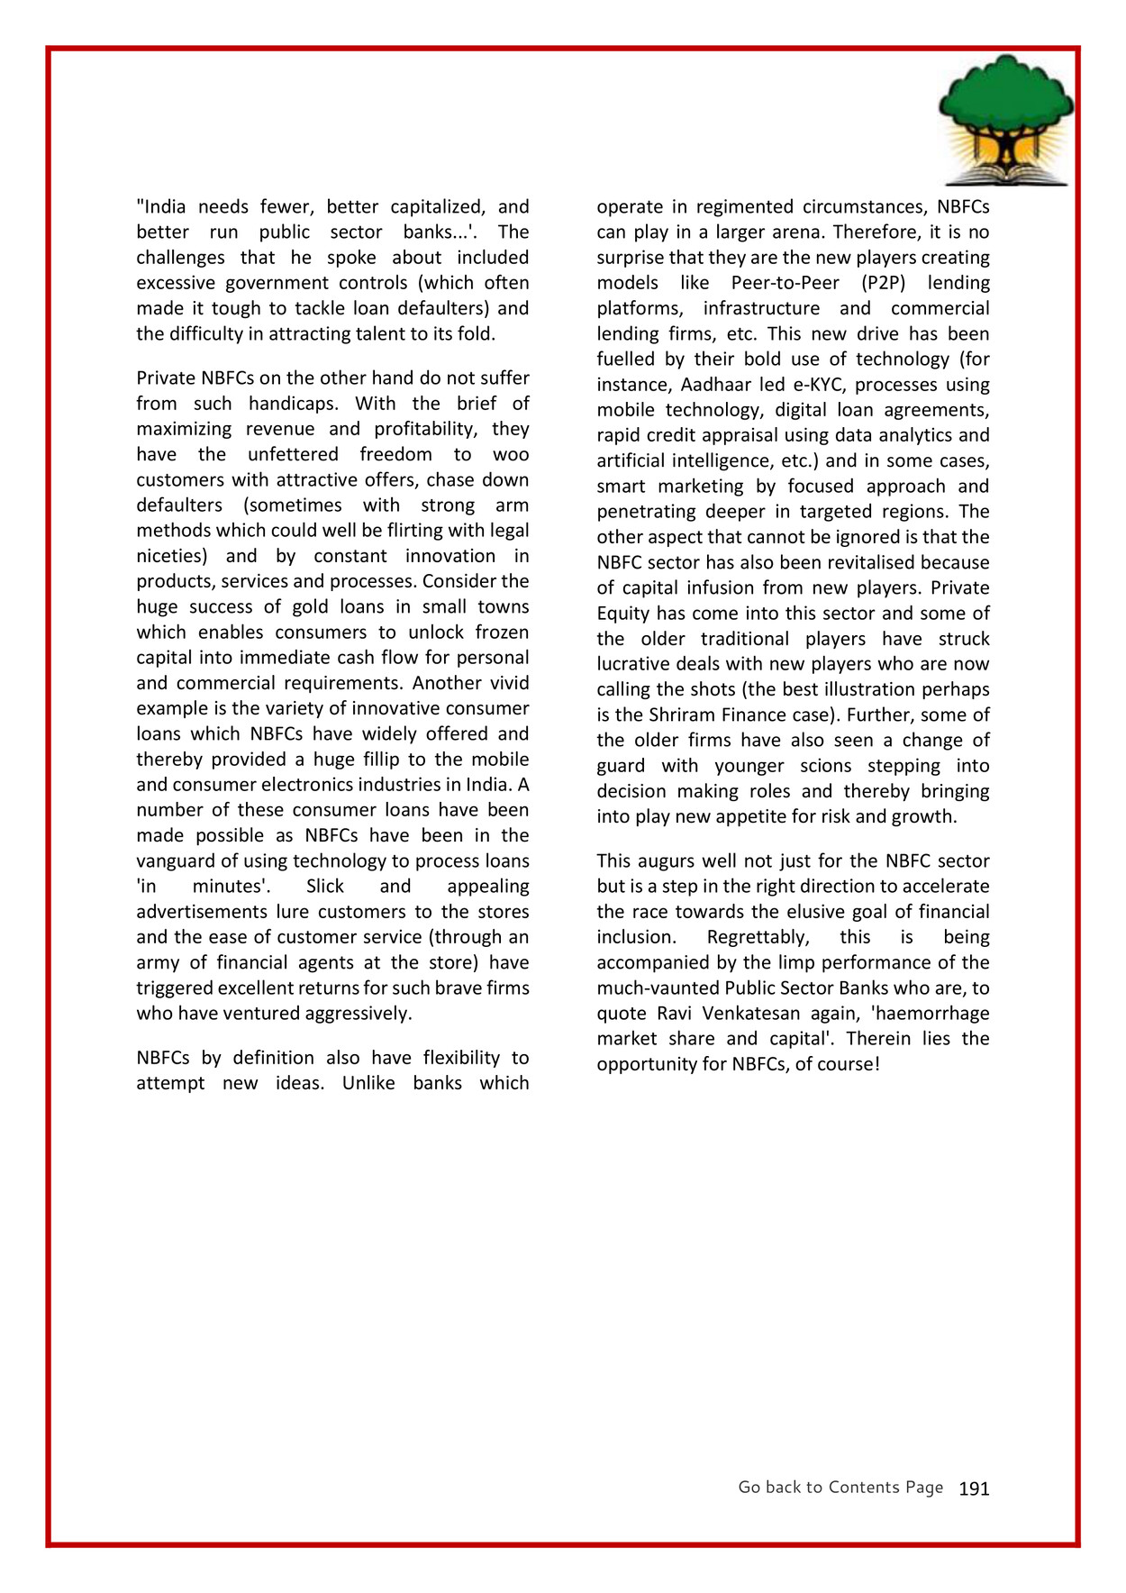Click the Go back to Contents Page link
(x=840, y=1487)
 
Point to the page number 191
(x=974, y=1488)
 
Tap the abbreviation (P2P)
(x=882, y=283)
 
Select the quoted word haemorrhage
(x=931, y=1014)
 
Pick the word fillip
(x=380, y=760)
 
